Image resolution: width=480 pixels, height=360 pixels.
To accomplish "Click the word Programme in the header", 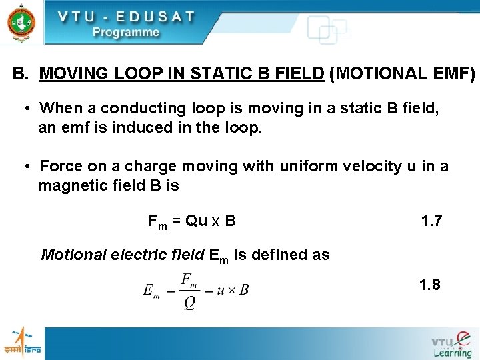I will click(125, 32).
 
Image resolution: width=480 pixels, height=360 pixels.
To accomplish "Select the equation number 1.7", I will click(431, 221).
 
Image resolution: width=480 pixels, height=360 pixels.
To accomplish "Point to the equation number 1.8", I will click(429, 285).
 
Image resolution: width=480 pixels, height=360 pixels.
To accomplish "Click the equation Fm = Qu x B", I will click(191, 221).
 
